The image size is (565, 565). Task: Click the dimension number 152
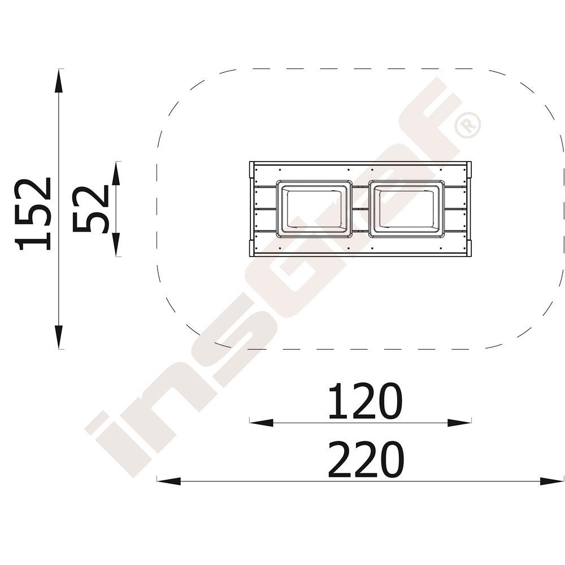pos(33,214)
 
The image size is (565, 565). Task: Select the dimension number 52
pos(91,210)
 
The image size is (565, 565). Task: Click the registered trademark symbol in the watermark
pos(468,125)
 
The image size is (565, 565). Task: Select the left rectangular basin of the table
pos(314,209)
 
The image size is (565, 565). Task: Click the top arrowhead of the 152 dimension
pos(59,81)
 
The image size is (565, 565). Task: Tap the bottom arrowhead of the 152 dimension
pos(59,337)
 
